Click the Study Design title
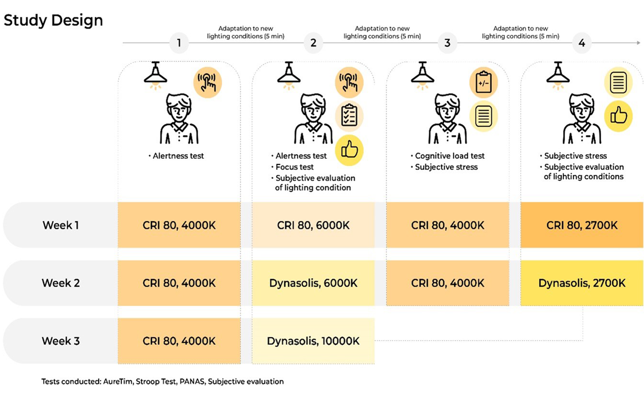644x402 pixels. point(53,21)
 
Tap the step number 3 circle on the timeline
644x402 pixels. point(447,43)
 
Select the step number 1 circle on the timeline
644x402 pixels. point(179,43)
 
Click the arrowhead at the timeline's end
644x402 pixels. point(638,43)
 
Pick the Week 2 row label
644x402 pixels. point(61,283)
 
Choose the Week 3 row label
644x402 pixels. point(61,341)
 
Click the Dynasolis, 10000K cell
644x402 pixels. point(313,341)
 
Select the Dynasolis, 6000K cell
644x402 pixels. point(313,283)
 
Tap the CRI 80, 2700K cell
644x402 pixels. point(582,225)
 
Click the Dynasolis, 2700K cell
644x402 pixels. point(582,283)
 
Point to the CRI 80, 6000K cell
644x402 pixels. point(313,225)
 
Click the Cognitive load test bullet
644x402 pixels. point(448,156)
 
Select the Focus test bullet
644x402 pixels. point(292,167)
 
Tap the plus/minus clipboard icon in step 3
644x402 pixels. point(484,83)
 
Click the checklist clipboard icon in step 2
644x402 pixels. point(349,116)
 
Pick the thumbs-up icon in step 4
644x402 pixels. point(618,116)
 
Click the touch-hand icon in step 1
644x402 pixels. point(207,82)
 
